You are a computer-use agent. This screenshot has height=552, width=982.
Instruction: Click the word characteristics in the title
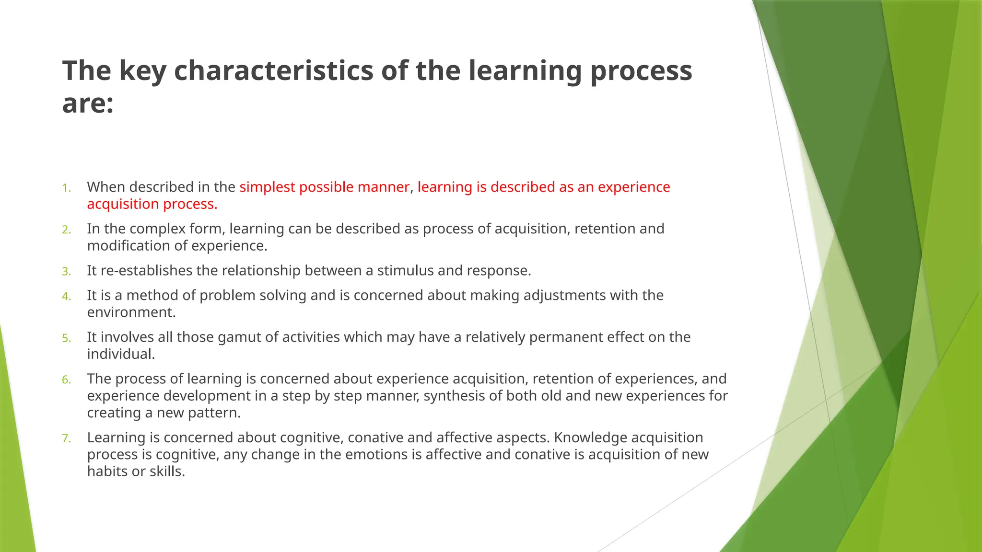(273, 70)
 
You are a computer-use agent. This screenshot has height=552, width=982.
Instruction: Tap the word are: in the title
(88, 103)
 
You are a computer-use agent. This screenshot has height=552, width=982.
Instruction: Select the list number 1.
(66, 188)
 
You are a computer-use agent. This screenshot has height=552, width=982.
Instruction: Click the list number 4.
(66, 297)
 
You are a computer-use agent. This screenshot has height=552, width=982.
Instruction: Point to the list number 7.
(66, 438)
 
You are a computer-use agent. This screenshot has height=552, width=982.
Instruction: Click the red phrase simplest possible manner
(324, 187)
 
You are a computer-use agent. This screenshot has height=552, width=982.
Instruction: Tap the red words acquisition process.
(152, 204)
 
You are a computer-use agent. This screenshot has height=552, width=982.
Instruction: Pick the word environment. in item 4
(131, 312)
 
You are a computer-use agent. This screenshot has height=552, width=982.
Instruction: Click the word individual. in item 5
(121, 354)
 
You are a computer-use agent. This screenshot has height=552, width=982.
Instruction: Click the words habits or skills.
(136, 471)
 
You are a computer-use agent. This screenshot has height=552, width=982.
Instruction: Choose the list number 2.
(66, 230)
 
